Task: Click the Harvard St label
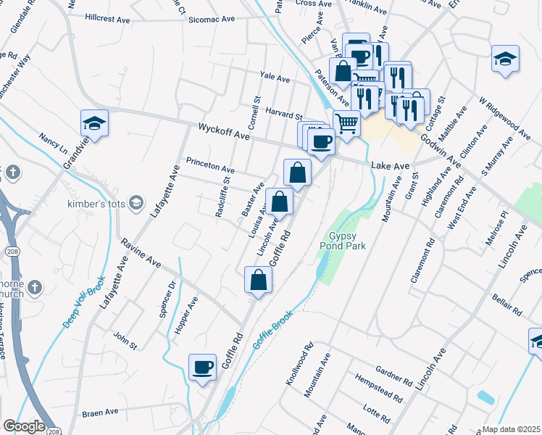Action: click(x=283, y=115)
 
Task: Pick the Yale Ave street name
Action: click(x=275, y=78)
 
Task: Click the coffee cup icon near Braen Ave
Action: click(x=202, y=366)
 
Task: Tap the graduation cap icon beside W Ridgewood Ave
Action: click(x=505, y=59)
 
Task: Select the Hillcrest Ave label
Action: click(x=109, y=18)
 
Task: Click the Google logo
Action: click(x=24, y=426)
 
